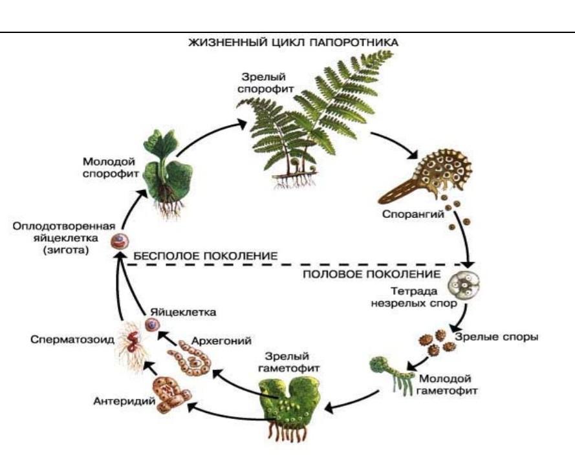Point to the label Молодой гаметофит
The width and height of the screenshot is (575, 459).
[445, 383]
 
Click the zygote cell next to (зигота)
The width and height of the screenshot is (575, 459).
[118, 241]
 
